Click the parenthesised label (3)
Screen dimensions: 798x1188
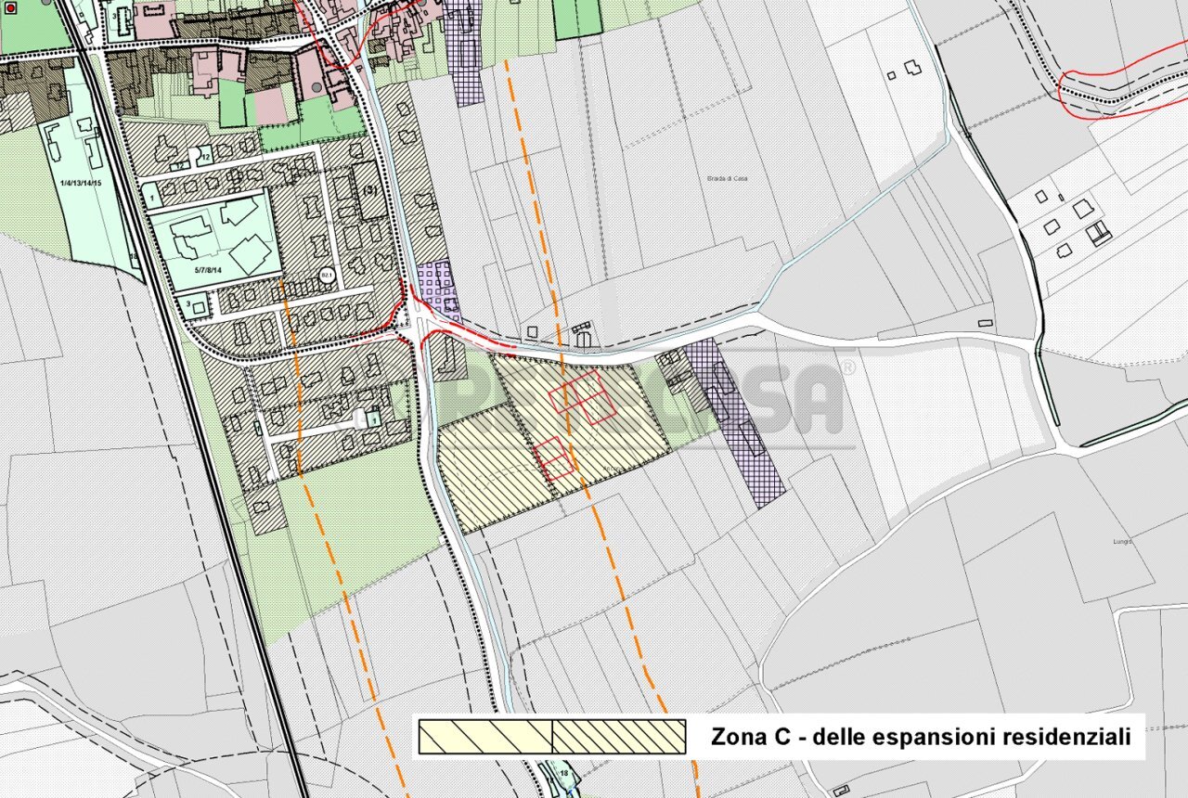(x=371, y=190)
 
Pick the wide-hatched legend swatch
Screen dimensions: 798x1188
(x=485, y=737)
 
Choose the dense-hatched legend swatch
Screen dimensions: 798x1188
(x=619, y=737)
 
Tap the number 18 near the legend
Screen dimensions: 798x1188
(x=564, y=772)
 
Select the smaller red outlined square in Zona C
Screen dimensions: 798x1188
(x=554, y=458)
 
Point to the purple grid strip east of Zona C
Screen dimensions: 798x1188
(x=738, y=422)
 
